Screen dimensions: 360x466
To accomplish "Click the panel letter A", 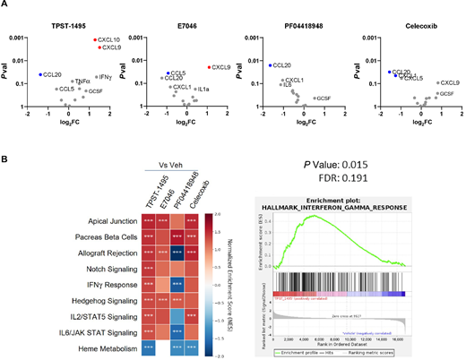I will click(5, 5).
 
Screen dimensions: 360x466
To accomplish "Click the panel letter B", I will click(5, 159).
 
